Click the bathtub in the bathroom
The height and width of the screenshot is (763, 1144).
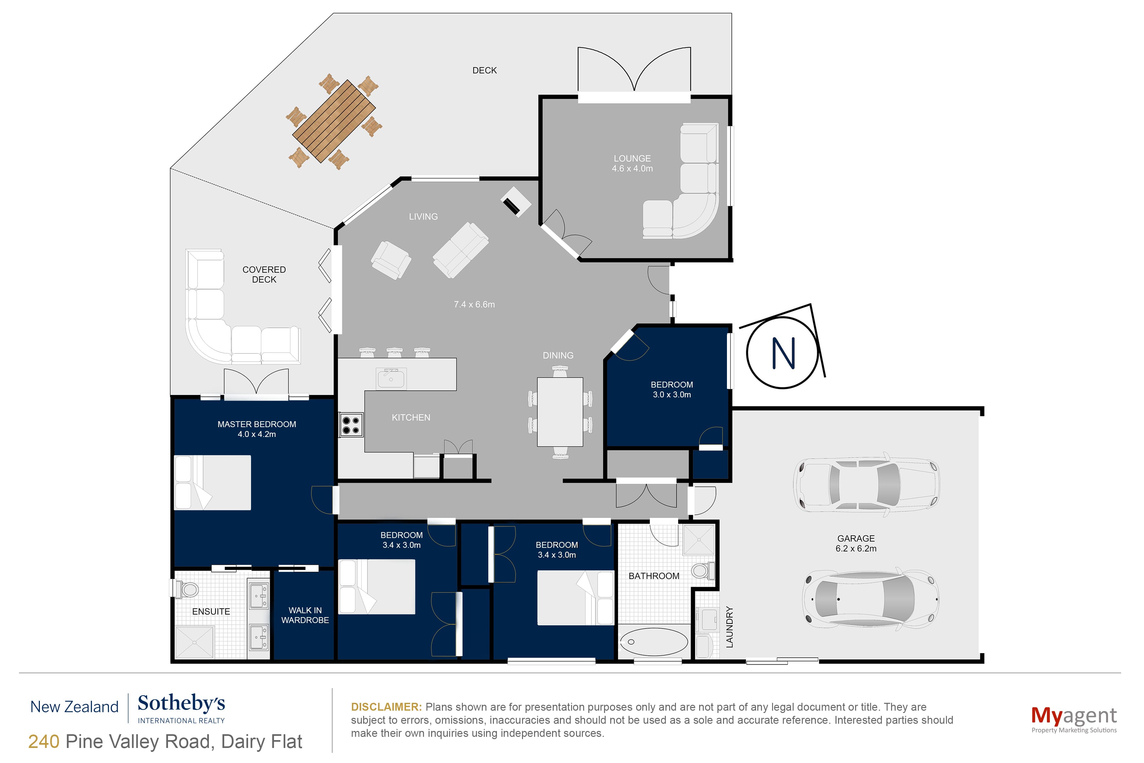point(653,641)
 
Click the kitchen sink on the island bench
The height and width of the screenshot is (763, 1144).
point(391,378)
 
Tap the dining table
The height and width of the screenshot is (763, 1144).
point(560,412)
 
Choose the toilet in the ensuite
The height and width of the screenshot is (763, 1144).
point(188,589)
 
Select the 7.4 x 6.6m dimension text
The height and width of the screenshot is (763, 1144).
point(474,304)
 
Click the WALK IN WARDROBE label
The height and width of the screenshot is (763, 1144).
point(305,615)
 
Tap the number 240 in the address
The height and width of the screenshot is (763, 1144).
point(44,742)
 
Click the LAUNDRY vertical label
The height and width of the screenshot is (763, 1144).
point(729,627)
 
